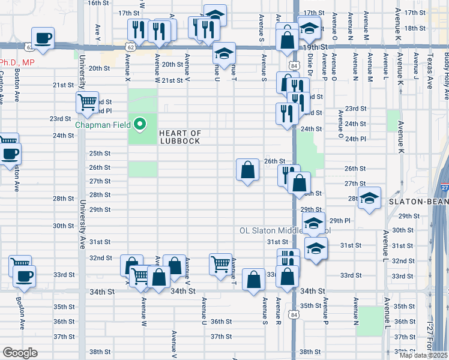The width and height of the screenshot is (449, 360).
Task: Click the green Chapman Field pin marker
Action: pyautogui.click(x=140, y=125)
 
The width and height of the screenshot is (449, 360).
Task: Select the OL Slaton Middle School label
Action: pyautogui.click(x=285, y=230)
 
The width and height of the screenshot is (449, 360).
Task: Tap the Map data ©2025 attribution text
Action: pyautogui.click(x=423, y=355)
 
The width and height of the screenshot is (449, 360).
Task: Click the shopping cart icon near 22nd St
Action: pyautogui.click(x=88, y=103)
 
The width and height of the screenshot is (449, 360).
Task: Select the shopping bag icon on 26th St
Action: pyautogui.click(x=248, y=170)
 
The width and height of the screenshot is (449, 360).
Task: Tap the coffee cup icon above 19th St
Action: pyautogui.click(x=43, y=38)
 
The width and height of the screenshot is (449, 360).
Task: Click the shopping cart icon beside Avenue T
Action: pyautogui.click(x=221, y=263)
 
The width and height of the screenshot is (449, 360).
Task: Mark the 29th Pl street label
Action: pyautogui.click(x=339, y=221)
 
